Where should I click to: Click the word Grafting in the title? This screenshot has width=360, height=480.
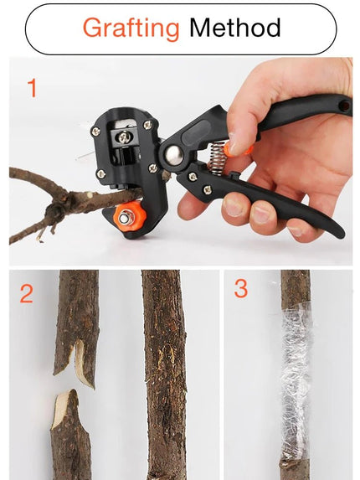pos(131,28)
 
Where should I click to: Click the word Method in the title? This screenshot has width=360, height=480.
pos(234,28)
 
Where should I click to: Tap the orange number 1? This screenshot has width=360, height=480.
pos(32,88)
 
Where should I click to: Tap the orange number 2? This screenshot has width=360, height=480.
pos(27,294)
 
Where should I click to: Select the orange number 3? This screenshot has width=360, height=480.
pos(241,289)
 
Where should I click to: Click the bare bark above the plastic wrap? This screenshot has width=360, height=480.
pos(296,289)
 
